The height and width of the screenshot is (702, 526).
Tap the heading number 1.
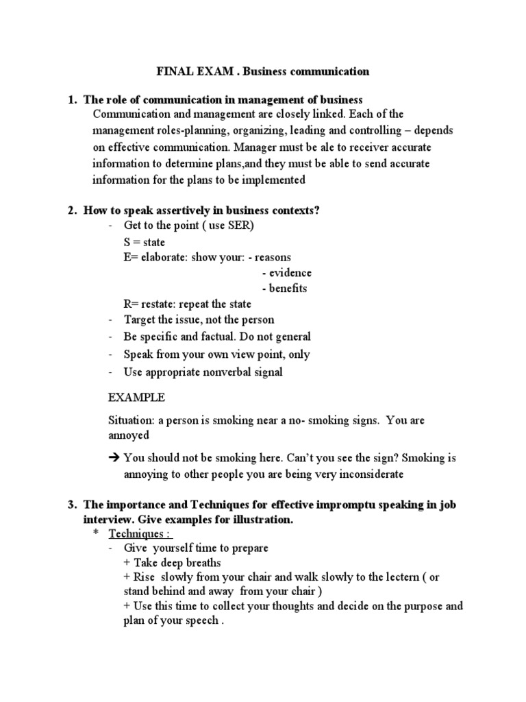click(71, 100)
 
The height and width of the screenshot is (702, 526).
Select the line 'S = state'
click(144, 242)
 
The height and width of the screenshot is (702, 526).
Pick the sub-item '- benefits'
click(284, 289)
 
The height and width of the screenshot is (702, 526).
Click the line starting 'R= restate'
click(187, 304)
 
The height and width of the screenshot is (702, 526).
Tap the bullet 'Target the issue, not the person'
click(199, 320)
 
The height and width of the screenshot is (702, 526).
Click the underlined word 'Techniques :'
click(147, 533)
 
